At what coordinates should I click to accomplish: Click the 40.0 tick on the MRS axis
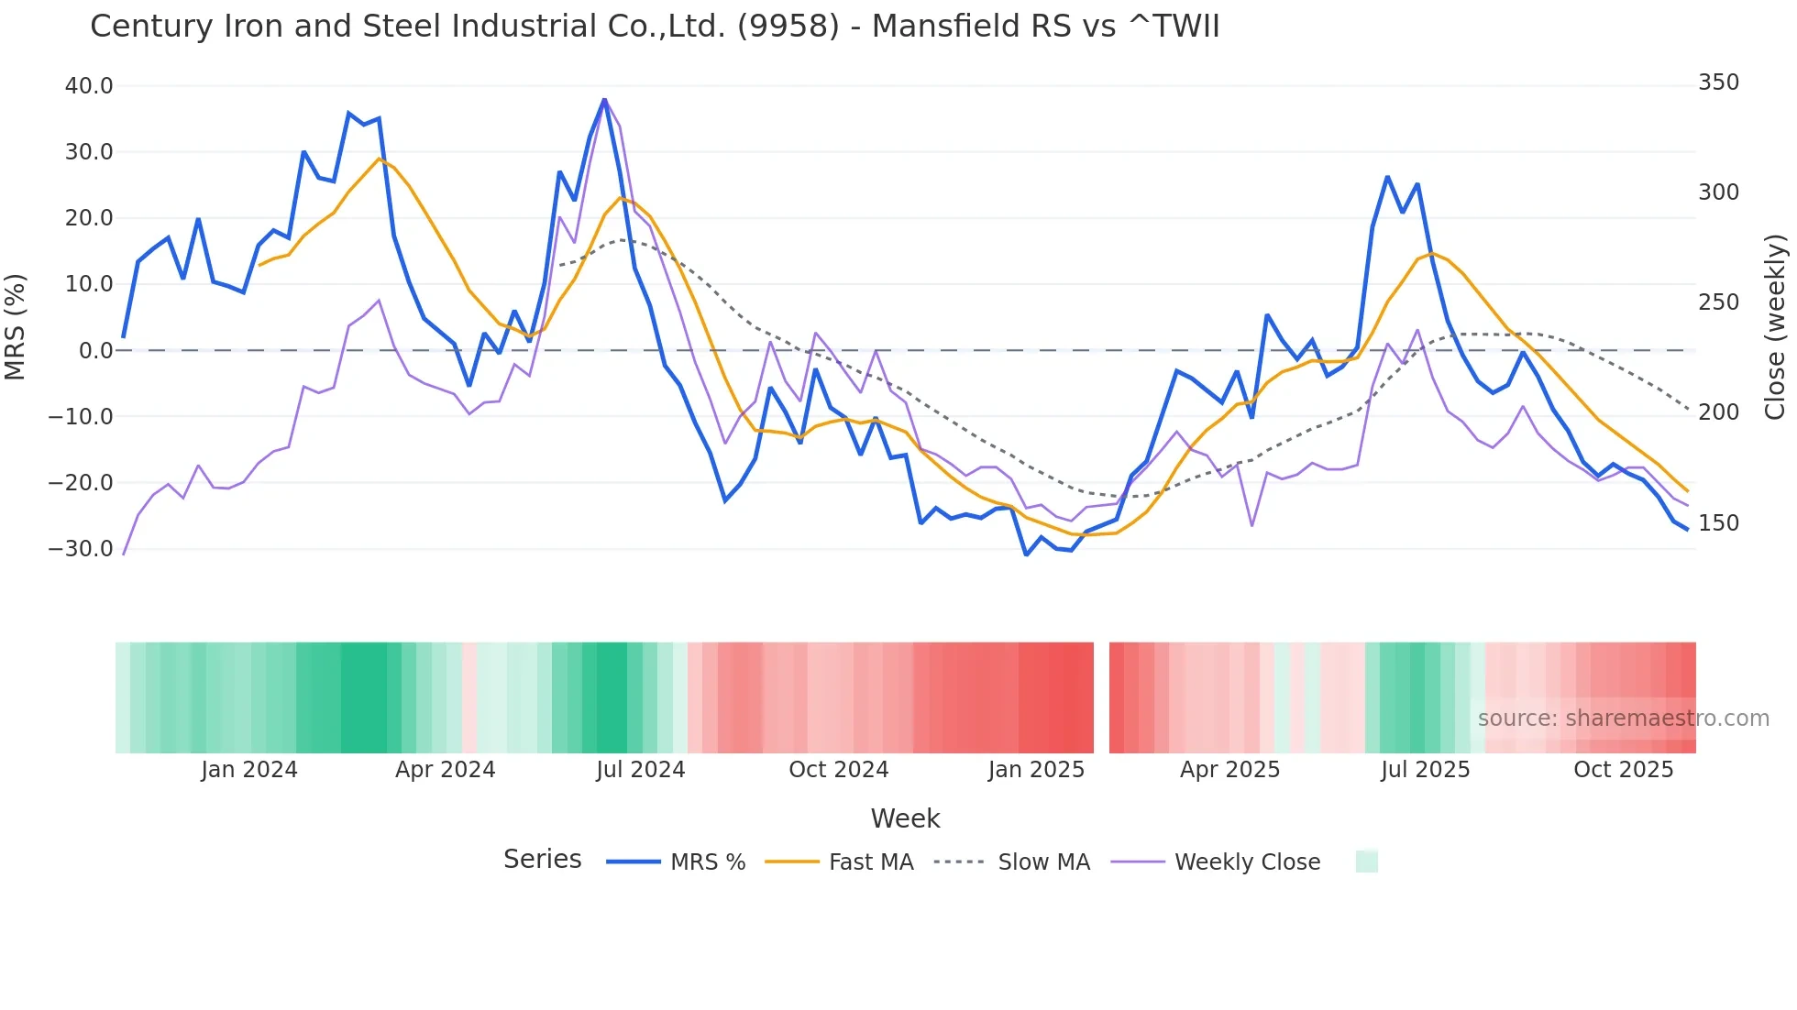click(89, 86)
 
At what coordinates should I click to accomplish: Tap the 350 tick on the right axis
click(1718, 82)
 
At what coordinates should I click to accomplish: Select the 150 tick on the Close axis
click(1718, 523)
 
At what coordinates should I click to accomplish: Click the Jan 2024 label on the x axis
click(249, 770)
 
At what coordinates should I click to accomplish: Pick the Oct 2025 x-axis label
click(1623, 770)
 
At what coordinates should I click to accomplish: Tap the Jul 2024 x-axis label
click(640, 770)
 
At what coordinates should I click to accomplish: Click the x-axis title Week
click(905, 818)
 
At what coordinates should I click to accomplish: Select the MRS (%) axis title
click(16, 326)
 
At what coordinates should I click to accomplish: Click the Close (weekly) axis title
click(1775, 326)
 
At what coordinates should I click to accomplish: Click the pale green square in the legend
click(1366, 862)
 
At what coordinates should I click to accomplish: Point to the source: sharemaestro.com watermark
click(1623, 719)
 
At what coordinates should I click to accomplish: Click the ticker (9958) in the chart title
click(788, 27)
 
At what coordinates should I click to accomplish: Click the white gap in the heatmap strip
click(1101, 697)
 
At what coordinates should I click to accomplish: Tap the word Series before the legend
click(542, 860)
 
